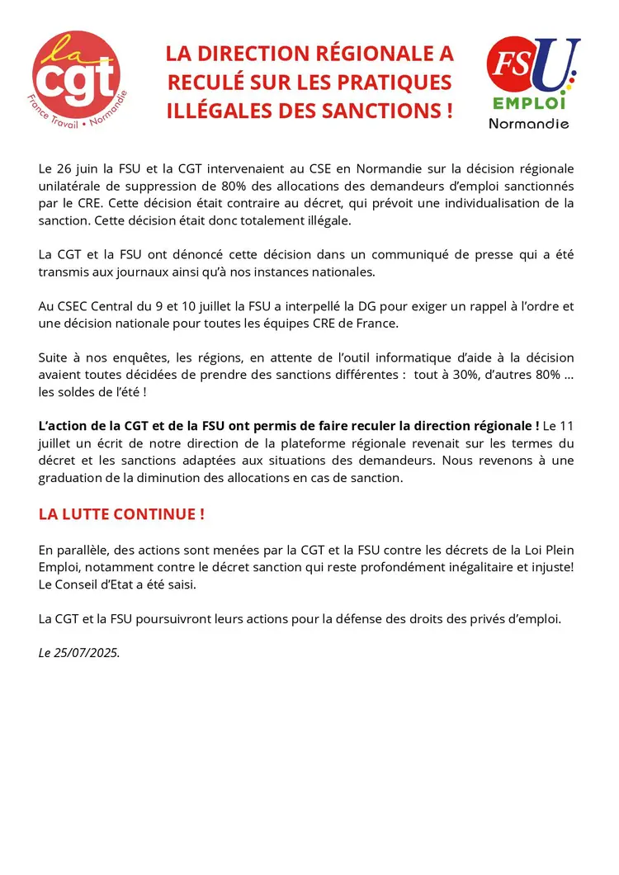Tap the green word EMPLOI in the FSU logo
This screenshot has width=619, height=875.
tap(529, 104)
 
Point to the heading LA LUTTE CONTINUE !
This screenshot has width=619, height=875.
tap(121, 514)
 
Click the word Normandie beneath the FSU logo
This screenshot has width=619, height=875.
tap(529, 124)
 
